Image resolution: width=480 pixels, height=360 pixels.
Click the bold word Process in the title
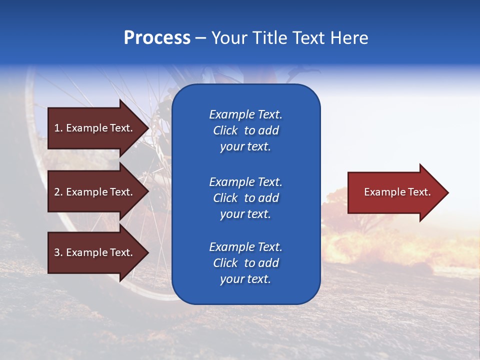pyautogui.click(x=157, y=38)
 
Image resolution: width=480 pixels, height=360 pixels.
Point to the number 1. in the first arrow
pyautogui.click(x=58, y=128)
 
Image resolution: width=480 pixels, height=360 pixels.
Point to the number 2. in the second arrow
pyautogui.click(x=58, y=192)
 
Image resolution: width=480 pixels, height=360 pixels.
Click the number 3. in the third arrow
pyautogui.click(x=58, y=252)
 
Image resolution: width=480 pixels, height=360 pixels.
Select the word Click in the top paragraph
pyautogui.click(x=225, y=130)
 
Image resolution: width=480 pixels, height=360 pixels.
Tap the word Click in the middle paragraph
pyautogui.click(x=225, y=198)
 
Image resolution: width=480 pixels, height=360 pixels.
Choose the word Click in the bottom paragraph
pyautogui.click(x=225, y=263)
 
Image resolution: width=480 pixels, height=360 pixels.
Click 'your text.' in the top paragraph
pyautogui.click(x=245, y=147)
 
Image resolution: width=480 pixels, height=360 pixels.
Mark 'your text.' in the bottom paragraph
pyautogui.click(x=245, y=279)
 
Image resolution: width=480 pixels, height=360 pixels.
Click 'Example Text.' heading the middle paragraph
pyautogui.click(x=245, y=181)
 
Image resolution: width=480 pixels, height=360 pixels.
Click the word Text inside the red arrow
pyautogui.click(x=419, y=192)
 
